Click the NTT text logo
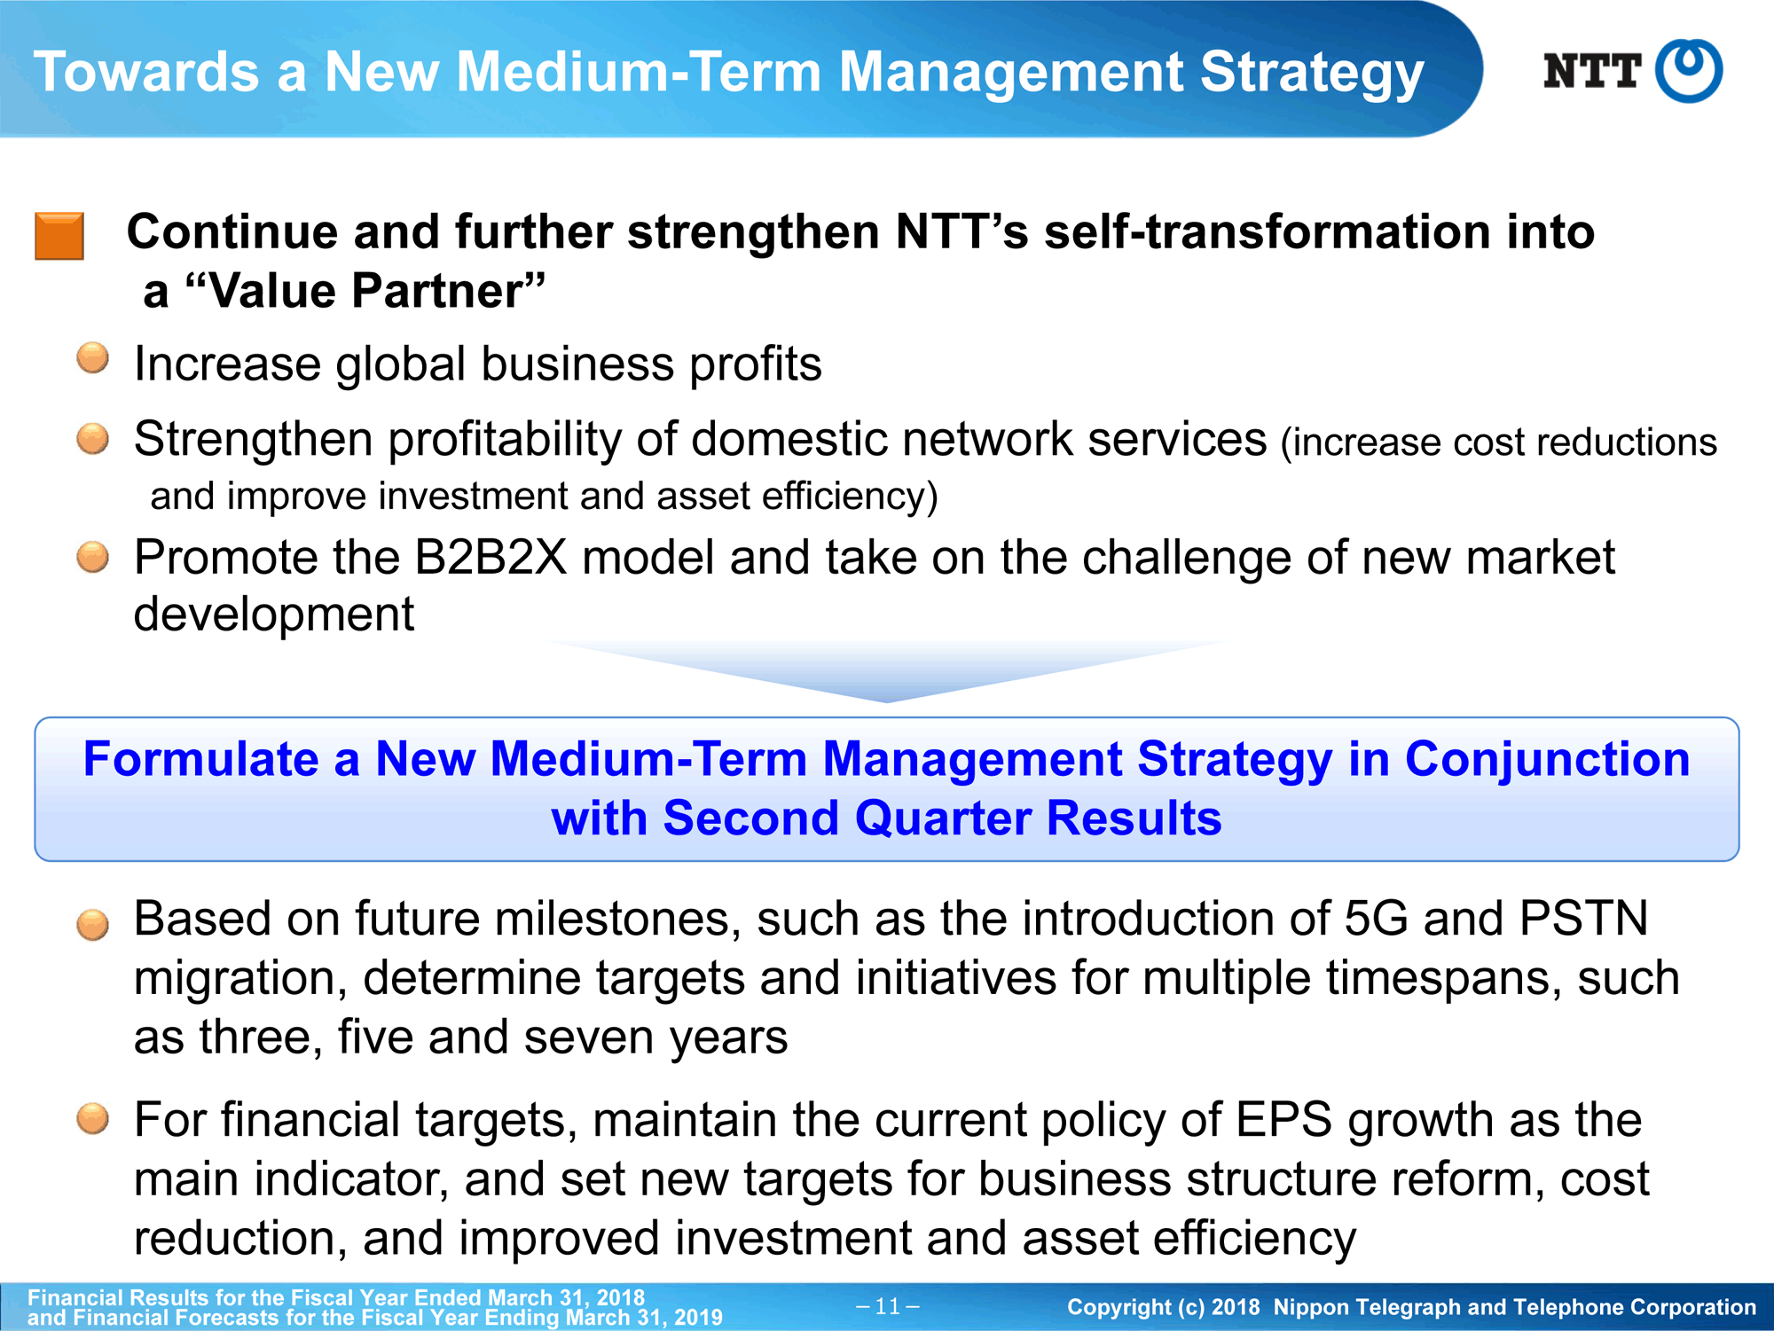point(1592,71)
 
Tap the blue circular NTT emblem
point(1690,71)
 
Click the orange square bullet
point(59,236)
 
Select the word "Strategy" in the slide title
point(1312,73)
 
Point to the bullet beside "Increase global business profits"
point(92,359)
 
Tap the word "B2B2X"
point(490,558)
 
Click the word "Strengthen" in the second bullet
point(253,440)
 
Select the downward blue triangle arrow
point(887,671)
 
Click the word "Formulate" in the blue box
point(200,759)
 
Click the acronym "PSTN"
point(1583,919)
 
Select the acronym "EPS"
point(1283,1120)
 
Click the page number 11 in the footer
point(887,1306)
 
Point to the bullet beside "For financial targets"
point(92,1119)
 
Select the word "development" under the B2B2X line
point(274,615)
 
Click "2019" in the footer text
point(698,1318)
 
